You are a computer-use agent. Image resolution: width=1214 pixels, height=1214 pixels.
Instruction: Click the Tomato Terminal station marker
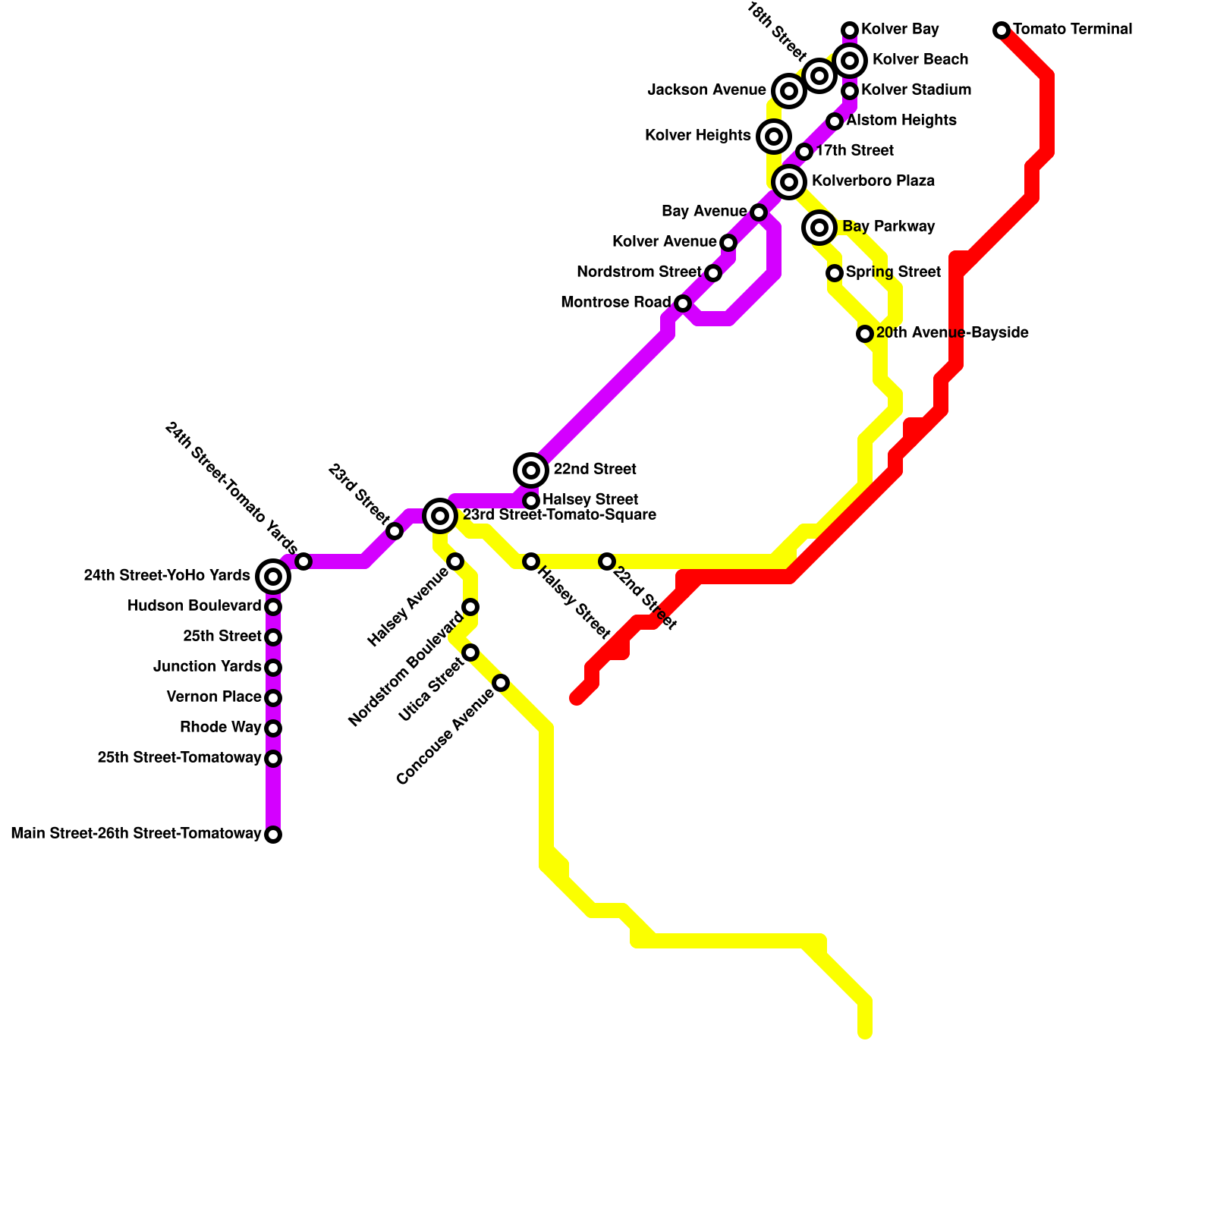[1002, 30]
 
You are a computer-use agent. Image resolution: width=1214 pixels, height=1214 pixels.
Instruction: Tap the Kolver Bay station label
[900, 30]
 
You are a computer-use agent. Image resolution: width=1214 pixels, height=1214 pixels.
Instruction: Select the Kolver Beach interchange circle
[850, 60]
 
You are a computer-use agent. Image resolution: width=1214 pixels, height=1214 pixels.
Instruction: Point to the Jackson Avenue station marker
[789, 91]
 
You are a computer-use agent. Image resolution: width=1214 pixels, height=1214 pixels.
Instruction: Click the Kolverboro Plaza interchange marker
[789, 182]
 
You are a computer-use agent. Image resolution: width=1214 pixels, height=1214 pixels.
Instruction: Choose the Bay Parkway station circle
[819, 227]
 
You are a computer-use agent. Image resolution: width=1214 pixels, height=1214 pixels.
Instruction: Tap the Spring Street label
[893, 272]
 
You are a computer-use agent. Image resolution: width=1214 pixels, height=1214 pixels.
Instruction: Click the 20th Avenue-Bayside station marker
[865, 334]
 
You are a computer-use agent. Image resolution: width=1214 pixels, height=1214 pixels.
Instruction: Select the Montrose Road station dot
[683, 303]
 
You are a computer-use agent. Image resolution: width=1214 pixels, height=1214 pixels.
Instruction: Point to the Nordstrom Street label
[639, 272]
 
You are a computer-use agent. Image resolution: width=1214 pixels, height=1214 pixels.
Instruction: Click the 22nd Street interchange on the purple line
[531, 470]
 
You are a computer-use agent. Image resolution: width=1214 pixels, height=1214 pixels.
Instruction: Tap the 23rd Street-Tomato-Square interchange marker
[440, 516]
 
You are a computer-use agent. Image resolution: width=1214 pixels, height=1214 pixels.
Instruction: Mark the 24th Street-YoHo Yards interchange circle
[273, 577]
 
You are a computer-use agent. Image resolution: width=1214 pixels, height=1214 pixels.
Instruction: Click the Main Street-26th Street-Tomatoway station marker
[273, 835]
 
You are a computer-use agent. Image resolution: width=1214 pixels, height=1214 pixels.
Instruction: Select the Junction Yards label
[207, 667]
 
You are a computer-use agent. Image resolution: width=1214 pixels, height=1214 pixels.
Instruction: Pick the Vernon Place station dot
[273, 698]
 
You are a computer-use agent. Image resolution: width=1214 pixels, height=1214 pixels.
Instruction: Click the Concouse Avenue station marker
[501, 683]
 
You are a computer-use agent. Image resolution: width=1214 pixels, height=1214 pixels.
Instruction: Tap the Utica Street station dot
[470, 653]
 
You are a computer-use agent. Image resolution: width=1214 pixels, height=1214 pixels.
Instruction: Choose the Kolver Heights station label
[697, 136]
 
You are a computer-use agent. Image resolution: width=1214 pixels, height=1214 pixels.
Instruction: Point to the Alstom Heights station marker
[835, 121]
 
